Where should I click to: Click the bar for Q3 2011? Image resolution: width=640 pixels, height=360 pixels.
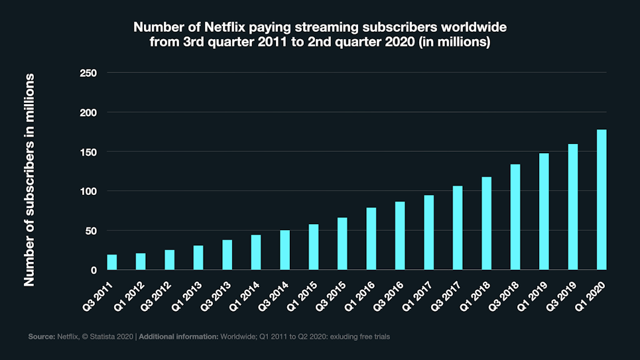click(x=112, y=263)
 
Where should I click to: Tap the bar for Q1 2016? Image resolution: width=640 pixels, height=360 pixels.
click(x=371, y=239)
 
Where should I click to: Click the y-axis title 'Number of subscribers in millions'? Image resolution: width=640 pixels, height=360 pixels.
click(x=29, y=180)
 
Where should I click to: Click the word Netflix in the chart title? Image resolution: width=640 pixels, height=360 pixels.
click(x=240, y=28)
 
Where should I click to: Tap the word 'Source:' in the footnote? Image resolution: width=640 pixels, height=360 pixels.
click(x=40, y=337)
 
